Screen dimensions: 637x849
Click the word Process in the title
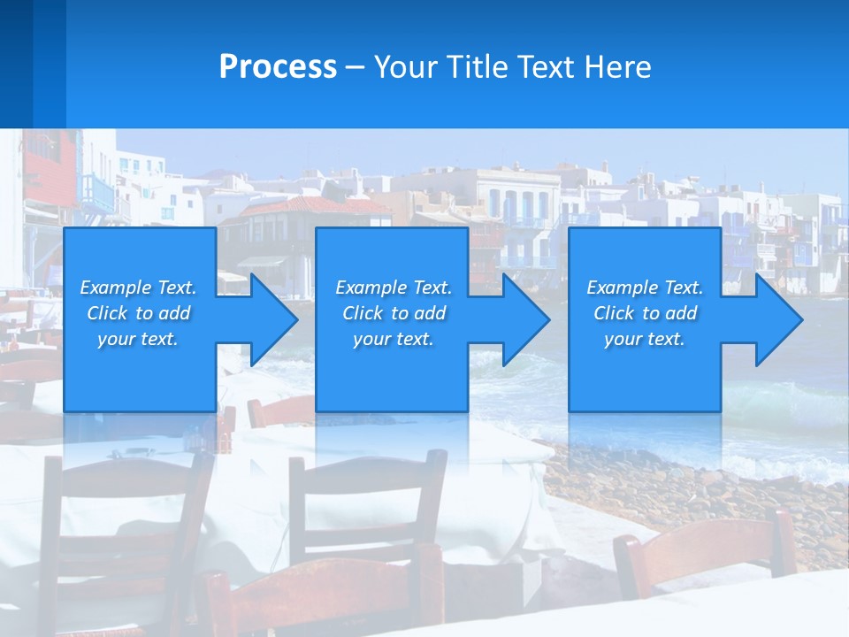278,66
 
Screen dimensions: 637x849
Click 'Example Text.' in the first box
138,288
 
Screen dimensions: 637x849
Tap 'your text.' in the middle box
394,339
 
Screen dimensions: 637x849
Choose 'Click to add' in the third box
646,313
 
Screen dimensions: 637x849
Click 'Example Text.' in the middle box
394,288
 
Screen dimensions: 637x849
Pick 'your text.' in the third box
645,339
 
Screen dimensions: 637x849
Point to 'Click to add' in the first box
138,313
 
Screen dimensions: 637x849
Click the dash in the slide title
355,67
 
